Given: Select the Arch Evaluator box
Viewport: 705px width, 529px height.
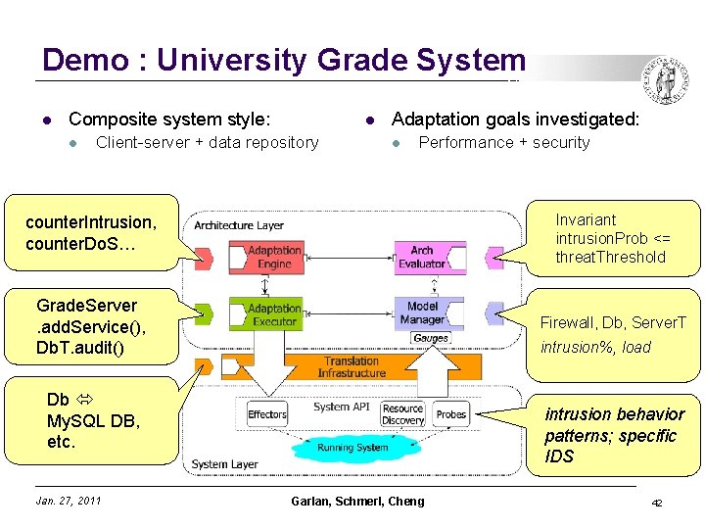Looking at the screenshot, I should pos(422,258).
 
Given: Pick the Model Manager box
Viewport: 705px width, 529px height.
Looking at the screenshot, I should pos(422,313).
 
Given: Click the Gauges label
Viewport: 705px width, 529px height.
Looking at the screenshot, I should pos(431,338).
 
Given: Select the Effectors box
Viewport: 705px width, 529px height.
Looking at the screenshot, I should pos(267,414).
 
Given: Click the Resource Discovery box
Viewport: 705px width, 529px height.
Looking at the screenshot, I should pos(402,414).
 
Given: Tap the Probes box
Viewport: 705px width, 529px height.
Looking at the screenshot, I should pos(451,414).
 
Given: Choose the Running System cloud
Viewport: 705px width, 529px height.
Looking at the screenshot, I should pos(352,448).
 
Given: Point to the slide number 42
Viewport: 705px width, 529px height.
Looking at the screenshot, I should pos(657,503).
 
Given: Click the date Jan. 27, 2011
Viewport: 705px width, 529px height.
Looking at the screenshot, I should pos(68,502).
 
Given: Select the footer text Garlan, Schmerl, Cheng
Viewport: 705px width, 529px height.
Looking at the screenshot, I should pos(357,502).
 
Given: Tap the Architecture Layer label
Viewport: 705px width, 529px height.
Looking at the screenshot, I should pos(239,225).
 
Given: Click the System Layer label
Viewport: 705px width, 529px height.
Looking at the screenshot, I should pos(224,464).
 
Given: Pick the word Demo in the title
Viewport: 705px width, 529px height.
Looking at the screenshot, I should pos(86,61).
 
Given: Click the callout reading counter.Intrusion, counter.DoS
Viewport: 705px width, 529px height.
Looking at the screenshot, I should pos(90,233).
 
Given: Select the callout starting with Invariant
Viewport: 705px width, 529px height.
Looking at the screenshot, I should pos(614,238).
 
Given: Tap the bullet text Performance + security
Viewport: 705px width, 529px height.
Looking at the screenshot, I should pos(503,143).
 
